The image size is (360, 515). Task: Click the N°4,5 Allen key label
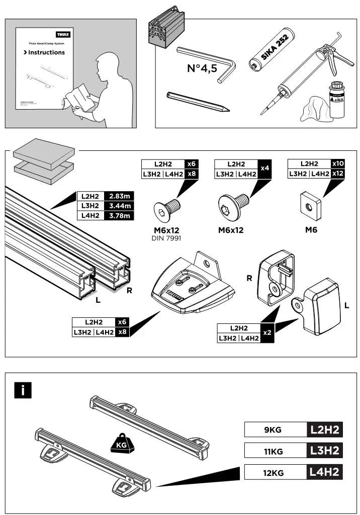pos(202,68)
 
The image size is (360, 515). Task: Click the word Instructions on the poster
pos(46,52)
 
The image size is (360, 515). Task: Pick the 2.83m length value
pos(120,196)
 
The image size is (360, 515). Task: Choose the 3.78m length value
pos(120,216)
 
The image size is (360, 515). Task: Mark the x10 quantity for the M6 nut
pos(338,163)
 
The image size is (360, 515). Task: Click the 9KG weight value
pos(274,430)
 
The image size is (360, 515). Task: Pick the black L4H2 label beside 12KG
pos(324,472)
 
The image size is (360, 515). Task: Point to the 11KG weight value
pos(274,451)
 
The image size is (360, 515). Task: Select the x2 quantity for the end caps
pos(268,333)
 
